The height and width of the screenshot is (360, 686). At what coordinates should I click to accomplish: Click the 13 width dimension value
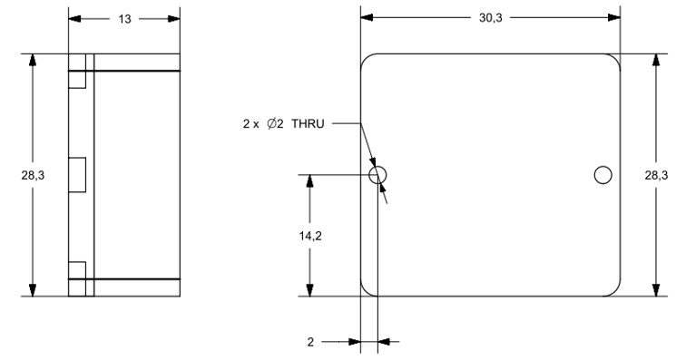pos(124,17)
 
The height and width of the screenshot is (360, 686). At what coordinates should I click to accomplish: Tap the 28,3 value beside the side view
pos(15,175)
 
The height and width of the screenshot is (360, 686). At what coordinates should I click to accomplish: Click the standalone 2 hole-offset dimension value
pos(310,342)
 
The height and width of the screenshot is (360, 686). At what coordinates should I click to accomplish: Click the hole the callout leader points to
pos(378,174)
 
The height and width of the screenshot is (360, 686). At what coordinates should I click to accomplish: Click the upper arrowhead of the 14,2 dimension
pos(311,180)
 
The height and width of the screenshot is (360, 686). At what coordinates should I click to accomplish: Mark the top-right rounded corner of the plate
pos(613,60)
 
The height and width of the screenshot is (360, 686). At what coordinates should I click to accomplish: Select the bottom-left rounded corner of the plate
pos(368,289)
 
